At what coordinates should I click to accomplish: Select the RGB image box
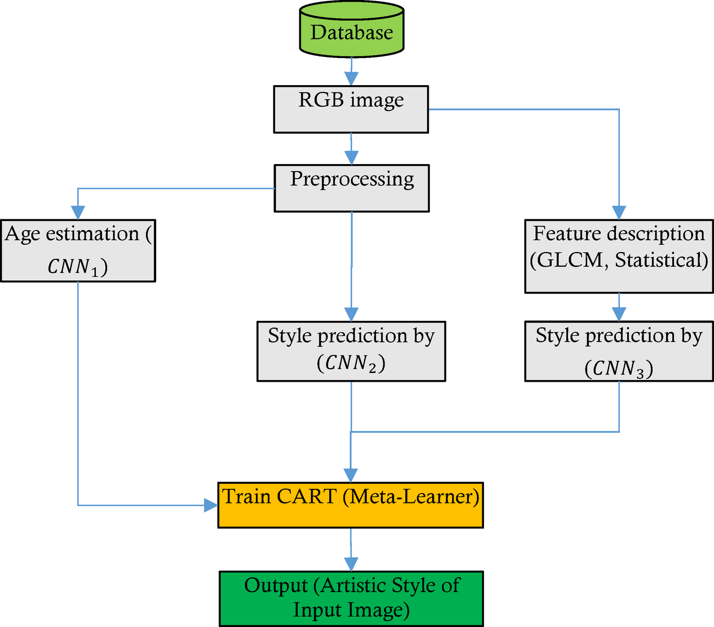click(351, 109)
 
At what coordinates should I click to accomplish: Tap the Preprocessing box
click(352, 188)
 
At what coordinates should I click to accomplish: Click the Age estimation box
click(78, 250)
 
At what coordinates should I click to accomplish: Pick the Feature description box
click(619, 256)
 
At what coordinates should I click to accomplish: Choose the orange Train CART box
click(351, 505)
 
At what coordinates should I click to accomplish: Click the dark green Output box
click(351, 598)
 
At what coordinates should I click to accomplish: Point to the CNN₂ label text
click(351, 363)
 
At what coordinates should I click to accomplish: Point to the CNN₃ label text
click(619, 369)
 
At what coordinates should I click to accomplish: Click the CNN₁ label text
click(77, 267)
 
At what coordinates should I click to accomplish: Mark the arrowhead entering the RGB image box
click(351, 79)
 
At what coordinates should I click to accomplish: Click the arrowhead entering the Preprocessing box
click(351, 158)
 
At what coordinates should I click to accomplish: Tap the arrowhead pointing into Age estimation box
click(78, 213)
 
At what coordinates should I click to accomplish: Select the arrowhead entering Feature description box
click(619, 213)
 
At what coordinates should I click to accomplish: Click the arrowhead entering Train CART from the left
click(211, 505)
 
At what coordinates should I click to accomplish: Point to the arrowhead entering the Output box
click(351, 564)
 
